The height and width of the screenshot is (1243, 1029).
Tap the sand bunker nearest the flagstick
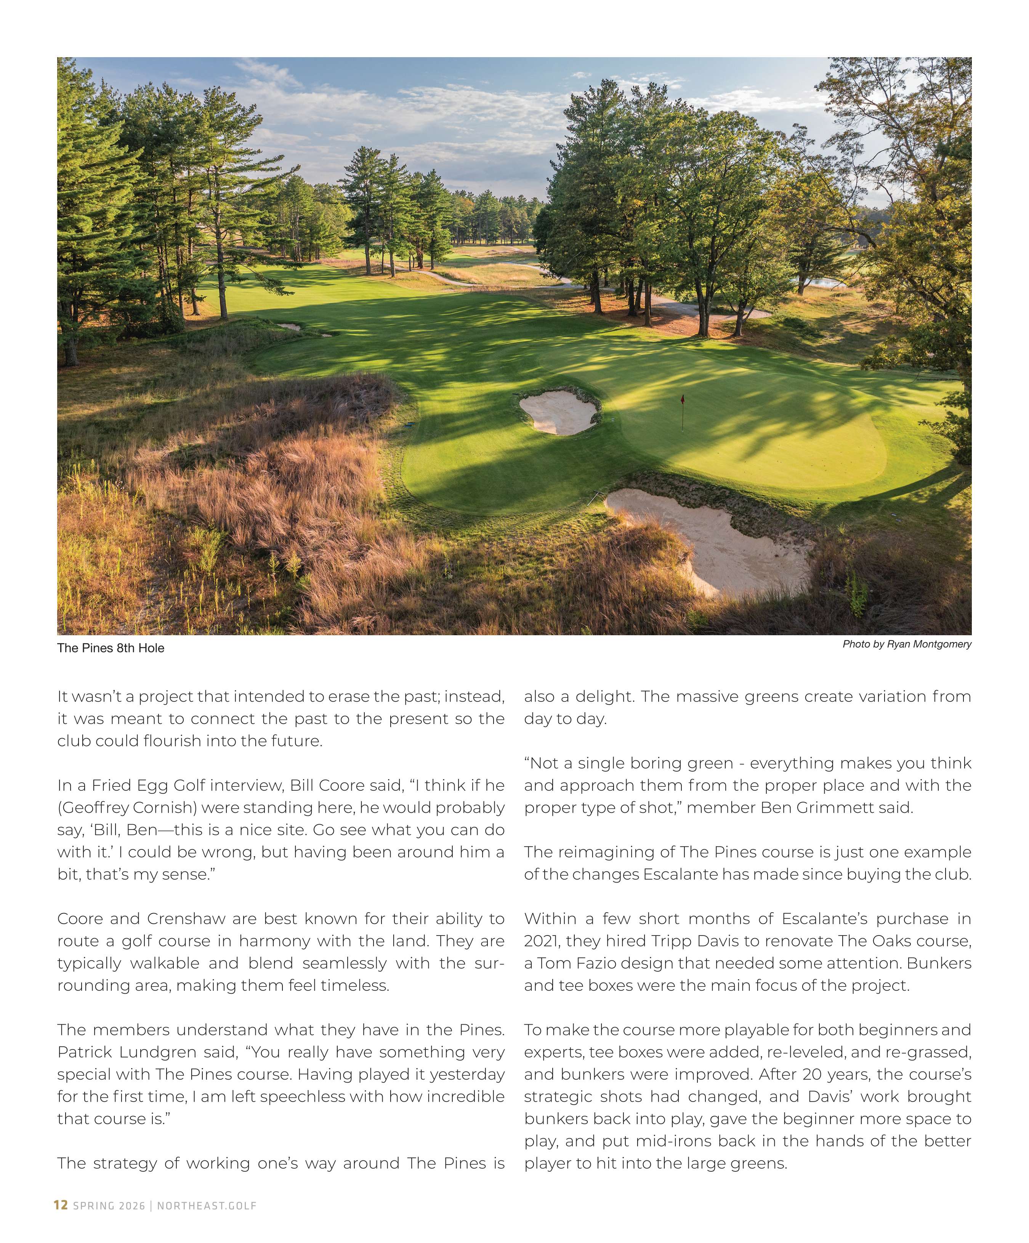558,412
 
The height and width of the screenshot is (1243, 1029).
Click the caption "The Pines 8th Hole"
111,648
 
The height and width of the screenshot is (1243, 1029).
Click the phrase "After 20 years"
815,1074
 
